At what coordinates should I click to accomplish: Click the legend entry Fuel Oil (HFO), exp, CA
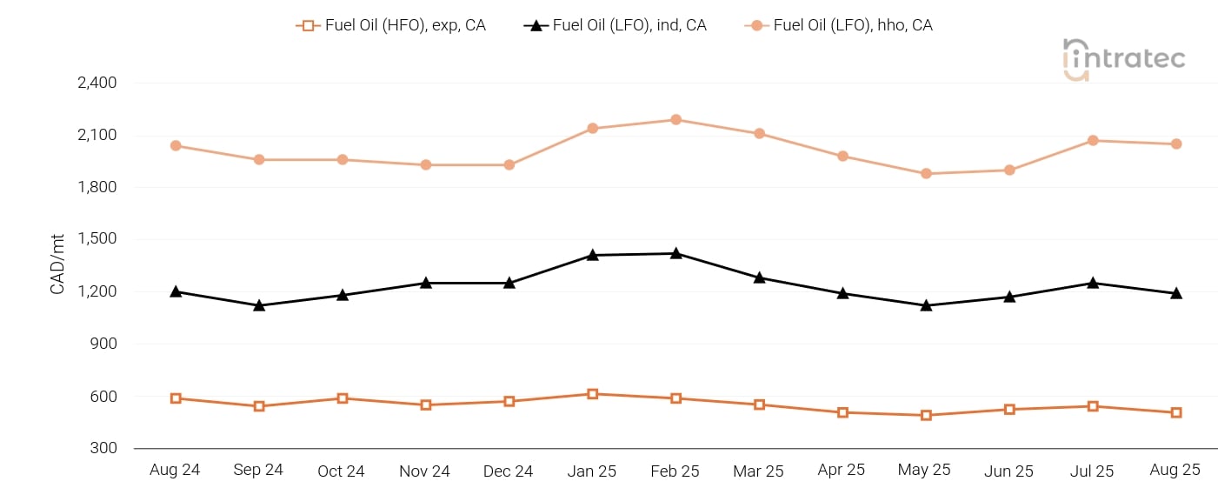(391, 25)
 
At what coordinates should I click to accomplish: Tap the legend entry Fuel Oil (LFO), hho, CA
(839, 25)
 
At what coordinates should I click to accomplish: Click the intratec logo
(1123, 59)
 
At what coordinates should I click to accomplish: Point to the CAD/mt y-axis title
(58, 264)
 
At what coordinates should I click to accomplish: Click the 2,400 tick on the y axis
(97, 84)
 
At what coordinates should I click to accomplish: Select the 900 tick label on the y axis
(103, 344)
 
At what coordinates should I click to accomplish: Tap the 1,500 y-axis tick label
(97, 239)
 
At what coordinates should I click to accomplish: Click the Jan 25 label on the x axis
(592, 471)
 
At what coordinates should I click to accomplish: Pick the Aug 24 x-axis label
(175, 470)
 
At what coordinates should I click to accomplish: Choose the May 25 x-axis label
(924, 470)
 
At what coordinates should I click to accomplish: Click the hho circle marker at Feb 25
(676, 120)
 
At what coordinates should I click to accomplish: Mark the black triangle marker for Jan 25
(592, 255)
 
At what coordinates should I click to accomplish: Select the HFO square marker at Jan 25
(592, 394)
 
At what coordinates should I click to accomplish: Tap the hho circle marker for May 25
(926, 174)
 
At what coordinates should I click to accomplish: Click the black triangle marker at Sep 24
(259, 305)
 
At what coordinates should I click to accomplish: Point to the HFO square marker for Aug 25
(1175, 412)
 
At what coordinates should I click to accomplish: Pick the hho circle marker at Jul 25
(1093, 141)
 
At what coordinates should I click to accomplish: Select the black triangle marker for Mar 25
(759, 277)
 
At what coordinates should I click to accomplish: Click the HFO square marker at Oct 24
(343, 398)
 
